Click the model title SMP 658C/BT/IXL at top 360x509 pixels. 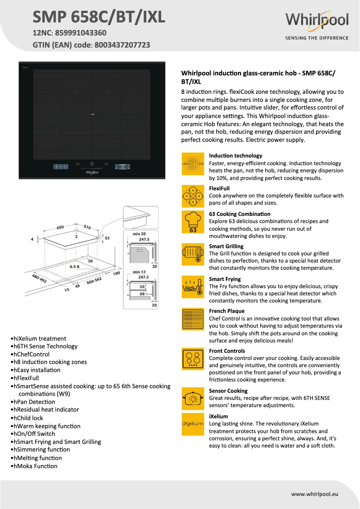coord(99,17)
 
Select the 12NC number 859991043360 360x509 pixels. coord(81,33)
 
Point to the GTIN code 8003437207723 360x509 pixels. coord(121,45)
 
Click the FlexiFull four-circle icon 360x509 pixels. coord(193,196)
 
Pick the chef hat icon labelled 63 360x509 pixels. coord(193,222)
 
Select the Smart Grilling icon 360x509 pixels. coord(193,254)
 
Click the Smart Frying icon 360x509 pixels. coord(193,287)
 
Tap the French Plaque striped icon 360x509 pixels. coord(193,319)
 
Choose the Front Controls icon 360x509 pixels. coord(193,359)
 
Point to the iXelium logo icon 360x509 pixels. coord(193,424)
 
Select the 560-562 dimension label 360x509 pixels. coord(94,279)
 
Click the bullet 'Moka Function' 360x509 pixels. coord(35,466)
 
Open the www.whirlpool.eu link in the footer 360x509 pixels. coord(314,494)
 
